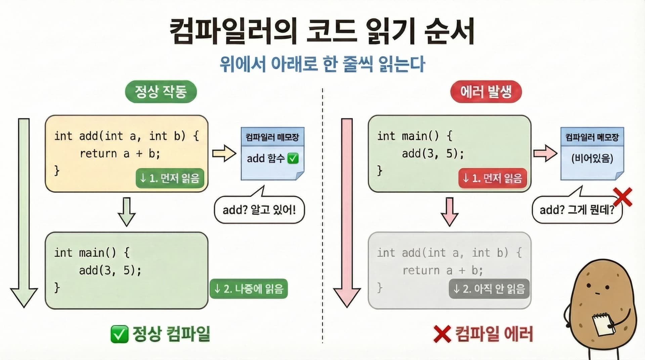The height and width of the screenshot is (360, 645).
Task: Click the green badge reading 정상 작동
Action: point(161,91)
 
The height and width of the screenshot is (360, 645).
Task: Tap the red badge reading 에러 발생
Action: point(486,91)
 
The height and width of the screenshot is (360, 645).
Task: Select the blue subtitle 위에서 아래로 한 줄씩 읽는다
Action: point(322,64)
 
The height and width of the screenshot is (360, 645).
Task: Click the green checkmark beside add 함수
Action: point(293,158)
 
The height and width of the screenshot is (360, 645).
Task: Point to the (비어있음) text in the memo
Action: point(592,158)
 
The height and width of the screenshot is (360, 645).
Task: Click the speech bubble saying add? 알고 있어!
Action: point(259,210)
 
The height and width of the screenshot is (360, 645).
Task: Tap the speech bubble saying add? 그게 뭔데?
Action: point(577,210)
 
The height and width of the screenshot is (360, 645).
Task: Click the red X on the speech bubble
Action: point(622,197)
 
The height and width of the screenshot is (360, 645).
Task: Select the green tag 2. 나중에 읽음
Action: point(249,289)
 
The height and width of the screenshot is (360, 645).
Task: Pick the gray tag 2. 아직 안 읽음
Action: point(489,289)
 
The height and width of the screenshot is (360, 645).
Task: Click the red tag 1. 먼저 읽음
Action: point(492,178)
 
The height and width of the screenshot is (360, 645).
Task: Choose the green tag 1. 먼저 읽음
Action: point(170,178)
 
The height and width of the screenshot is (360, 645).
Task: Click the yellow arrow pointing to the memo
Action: point(224,154)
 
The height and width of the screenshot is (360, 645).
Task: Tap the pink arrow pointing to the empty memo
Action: point(545,154)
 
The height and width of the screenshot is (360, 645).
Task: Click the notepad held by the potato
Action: point(603,324)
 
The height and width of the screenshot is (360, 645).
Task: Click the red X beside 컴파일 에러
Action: point(442,334)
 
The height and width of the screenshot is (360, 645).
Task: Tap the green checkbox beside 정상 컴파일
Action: point(119,334)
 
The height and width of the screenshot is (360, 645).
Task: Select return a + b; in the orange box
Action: point(120,154)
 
